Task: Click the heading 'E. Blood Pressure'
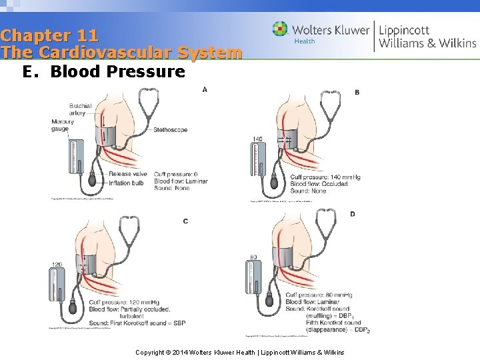click(103, 71)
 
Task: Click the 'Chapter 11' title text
click(50, 35)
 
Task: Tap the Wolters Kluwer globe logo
click(280, 29)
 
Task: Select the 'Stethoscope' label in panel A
click(170, 129)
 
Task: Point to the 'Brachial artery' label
click(81, 109)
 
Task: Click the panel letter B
click(357, 92)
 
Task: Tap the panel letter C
click(185, 221)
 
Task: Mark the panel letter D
click(352, 213)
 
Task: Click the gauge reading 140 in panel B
click(258, 139)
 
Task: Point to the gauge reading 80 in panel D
click(253, 257)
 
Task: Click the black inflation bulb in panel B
click(274, 183)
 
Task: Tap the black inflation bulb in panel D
click(270, 301)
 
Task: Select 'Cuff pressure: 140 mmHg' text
click(325, 177)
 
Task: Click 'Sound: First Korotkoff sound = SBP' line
click(136, 323)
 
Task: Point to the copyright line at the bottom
click(239, 351)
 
